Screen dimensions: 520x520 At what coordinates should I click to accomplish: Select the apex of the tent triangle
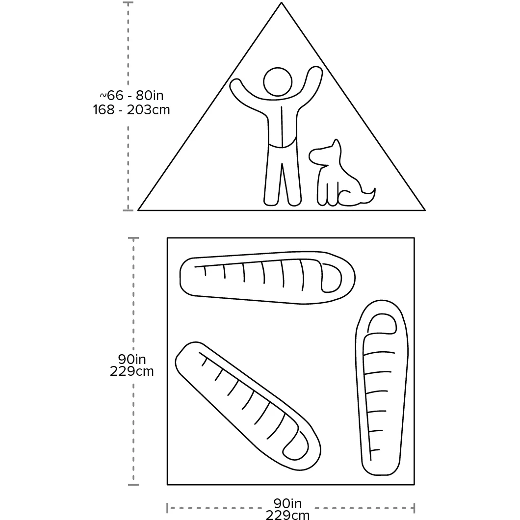281,2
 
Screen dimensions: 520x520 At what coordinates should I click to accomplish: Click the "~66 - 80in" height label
131,96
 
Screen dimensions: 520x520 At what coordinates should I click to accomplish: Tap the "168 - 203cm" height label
131,110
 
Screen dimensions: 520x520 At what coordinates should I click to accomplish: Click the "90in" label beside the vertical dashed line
131,359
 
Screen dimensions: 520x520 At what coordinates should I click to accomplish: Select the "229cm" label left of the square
131,371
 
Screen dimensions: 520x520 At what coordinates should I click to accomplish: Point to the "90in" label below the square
287,503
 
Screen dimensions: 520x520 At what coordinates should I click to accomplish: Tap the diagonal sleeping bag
248,406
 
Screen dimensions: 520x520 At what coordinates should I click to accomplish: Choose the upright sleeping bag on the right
381,388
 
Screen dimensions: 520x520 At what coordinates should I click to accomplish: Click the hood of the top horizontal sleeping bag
332,278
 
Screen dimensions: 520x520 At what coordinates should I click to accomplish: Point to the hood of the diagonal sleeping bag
296,446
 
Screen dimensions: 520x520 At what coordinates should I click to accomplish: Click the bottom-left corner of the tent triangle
138,210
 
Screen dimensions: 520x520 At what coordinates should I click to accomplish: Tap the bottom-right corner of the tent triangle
425,210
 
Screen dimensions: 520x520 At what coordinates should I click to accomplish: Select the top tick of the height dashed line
128,2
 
